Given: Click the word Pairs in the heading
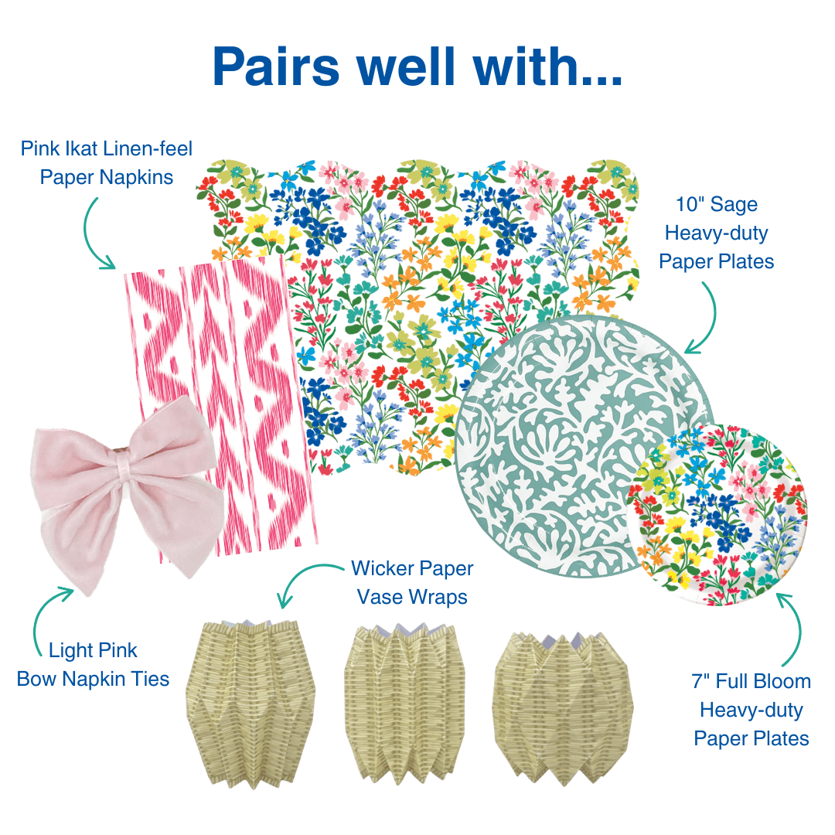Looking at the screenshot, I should tap(276, 66).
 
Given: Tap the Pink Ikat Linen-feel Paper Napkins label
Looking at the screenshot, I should tap(107, 162).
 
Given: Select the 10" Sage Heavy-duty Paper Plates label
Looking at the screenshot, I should tap(716, 233).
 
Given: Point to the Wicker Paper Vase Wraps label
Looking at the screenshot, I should tap(411, 583).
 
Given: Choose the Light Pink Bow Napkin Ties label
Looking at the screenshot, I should tap(93, 665).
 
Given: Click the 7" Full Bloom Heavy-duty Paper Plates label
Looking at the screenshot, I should tap(751, 710).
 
